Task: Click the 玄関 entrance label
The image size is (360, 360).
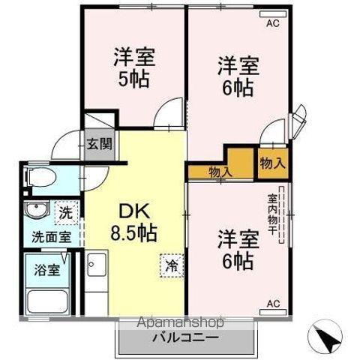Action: point(98,144)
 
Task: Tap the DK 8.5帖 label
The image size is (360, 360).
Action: point(135,222)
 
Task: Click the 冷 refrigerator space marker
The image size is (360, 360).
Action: point(172,265)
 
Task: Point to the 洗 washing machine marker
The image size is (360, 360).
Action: point(66,212)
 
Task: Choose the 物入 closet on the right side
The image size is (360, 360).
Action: point(272,162)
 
